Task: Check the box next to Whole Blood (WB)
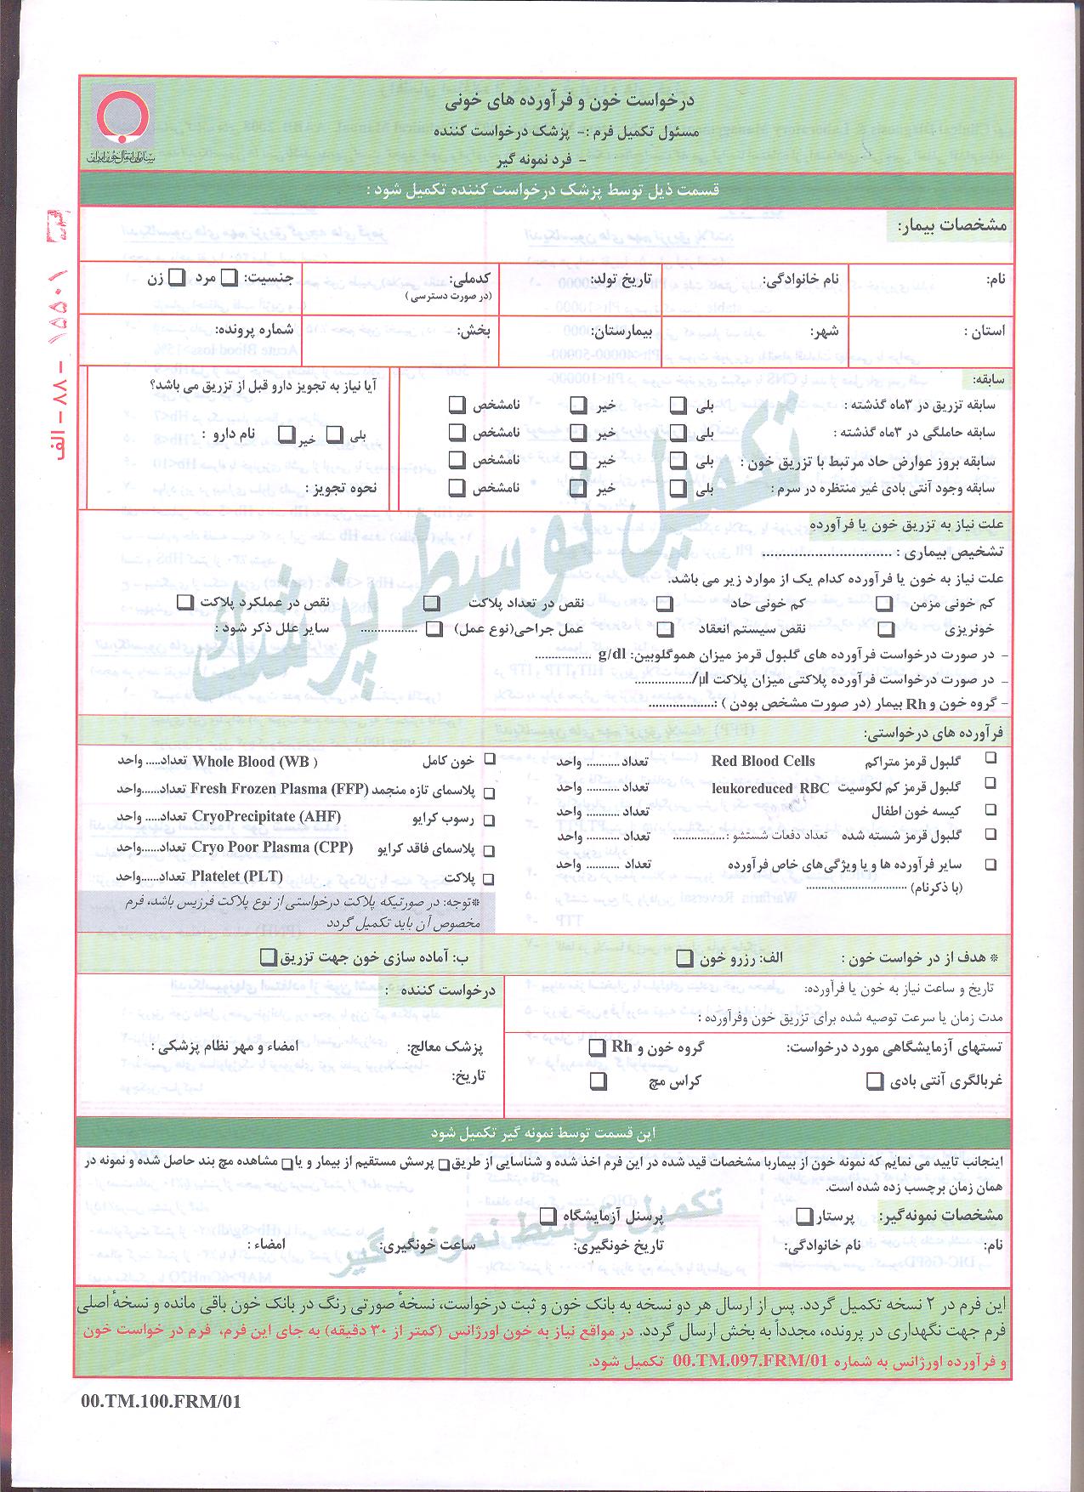pyautogui.click(x=490, y=760)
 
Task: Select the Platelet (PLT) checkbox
pyautogui.click(x=490, y=878)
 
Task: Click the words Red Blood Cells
pyautogui.click(x=763, y=761)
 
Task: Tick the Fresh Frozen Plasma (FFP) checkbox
pyautogui.click(x=490, y=792)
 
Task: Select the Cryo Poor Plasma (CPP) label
pyautogui.click(x=272, y=848)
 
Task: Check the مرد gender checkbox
pyautogui.click(x=229, y=277)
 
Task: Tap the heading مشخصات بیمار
pyautogui.click(x=952, y=225)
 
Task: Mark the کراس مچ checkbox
pyautogui.click(x=599, y=1081)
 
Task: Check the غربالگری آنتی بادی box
pyautogui.click(x=874, y=1081)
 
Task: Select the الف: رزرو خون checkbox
pyautogui.click(x=684, y=958)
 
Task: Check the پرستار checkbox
pyautogui.click(x=803, y=1217)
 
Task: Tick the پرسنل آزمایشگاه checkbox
pyautogui.click(x=548, y=1217)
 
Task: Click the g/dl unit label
pyautogui.click(x=612, y=655)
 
